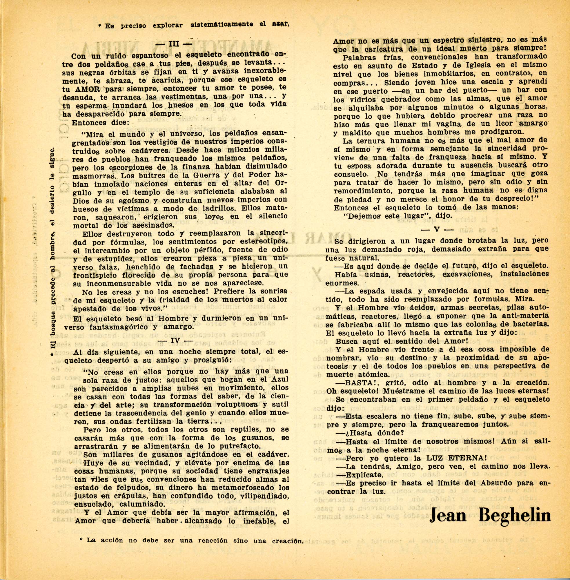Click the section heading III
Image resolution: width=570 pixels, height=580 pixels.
click(174, 44)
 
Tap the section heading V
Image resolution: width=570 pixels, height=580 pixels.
click(438, 230)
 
